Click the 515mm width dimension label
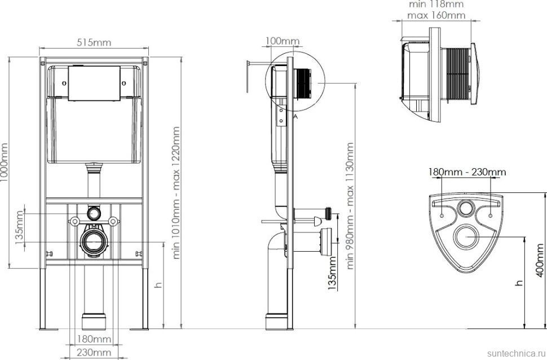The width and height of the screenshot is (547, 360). click(x=94, y=42)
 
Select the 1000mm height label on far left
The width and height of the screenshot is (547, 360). click(x=4, y=162)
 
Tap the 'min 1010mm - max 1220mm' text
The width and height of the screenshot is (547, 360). click(x=176, y=193)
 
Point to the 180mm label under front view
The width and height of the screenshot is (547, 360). click(x=94, y=339)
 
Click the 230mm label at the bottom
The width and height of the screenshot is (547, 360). click(x=94, y=353)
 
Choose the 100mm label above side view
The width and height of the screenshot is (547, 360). click(x=282, y=41)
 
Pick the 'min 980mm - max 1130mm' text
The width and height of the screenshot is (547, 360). click(x=350, y=205)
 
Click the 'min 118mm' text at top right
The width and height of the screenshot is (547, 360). click(x=436, y=4)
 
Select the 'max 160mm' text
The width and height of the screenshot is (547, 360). click(x=436, y=15)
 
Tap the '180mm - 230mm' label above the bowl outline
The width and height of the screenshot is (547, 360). click(x=467, y=172)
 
